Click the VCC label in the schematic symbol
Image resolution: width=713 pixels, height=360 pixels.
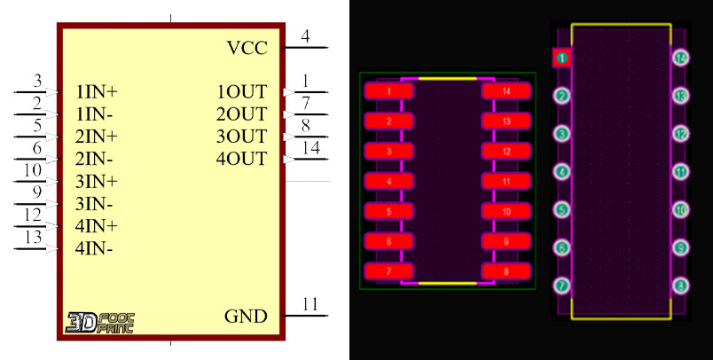pos(247,48)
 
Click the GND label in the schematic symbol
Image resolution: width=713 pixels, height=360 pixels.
pos(245,317)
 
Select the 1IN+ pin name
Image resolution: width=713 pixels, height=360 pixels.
pos(97,91)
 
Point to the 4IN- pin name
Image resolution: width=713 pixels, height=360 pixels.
pos(94,248)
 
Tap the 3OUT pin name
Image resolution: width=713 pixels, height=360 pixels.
pos(241,137)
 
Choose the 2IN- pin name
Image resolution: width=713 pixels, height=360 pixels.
pos(94,159)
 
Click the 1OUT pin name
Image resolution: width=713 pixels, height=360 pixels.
pos(241,91)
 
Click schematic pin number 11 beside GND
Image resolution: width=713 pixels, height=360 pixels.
pos(310,304)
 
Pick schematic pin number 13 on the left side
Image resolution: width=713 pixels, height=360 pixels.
pos(33,237)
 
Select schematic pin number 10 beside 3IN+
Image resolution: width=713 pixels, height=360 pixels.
pos(33,169)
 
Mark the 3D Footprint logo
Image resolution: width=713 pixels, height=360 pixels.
pos(99,322)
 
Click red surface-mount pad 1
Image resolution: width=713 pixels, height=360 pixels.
pos(389,90)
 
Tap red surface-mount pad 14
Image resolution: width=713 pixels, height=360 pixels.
pos(505,90)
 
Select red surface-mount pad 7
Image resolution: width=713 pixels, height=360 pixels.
pos(389,271)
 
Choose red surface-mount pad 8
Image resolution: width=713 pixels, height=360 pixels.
pos(505,271)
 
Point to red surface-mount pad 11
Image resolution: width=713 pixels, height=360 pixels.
pos(505,182)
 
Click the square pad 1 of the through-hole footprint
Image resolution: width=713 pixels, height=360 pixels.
pos(561,59)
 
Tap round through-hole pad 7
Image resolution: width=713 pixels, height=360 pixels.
pos(561,286)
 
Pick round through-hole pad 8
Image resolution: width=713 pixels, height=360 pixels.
pos(680,286)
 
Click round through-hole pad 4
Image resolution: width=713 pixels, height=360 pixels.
pos(561,172)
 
